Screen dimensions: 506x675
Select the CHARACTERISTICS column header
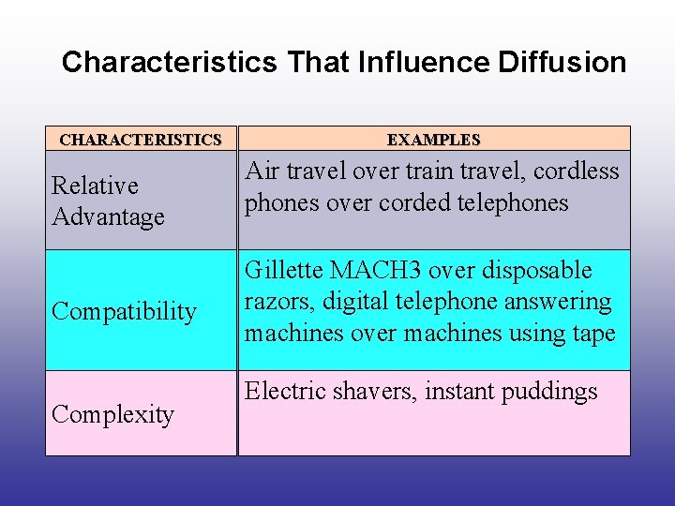(141, 140)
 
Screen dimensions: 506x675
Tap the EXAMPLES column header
(433, 140)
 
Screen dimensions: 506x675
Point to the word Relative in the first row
(95, 186)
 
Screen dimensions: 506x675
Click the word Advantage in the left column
(108, 217)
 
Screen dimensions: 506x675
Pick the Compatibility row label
(124, 311)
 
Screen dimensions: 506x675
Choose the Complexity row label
(112, 414)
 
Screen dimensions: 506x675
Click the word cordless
(577, 171)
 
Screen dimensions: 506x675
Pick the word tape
(595, 334)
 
